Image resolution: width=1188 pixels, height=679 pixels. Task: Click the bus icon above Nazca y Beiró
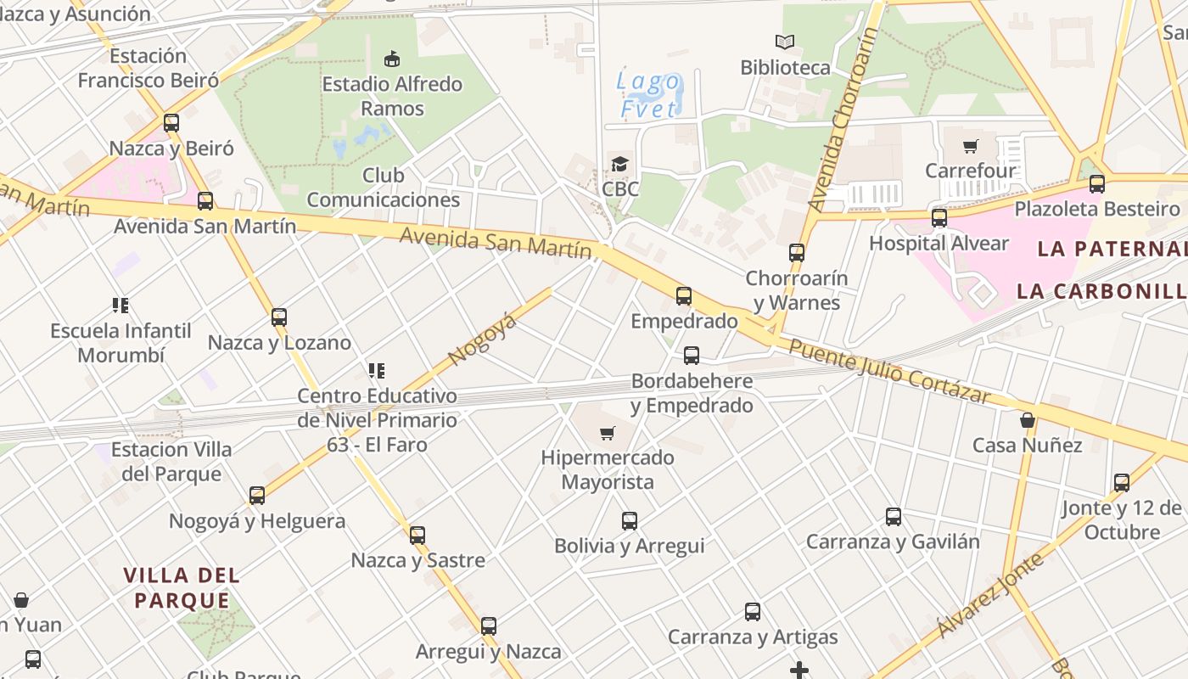point(171,123)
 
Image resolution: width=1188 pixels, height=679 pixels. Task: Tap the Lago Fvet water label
point(649,95)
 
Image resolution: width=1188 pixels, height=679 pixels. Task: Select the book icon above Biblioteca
point(785,42)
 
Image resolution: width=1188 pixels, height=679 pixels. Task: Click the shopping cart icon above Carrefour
point(971,145)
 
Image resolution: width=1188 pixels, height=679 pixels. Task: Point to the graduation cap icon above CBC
point(620,164)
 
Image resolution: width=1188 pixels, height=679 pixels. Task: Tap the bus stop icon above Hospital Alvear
point(939,218)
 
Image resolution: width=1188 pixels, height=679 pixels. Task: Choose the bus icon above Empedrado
point(684,296)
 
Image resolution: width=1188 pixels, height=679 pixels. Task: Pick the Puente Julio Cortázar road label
point(889,371)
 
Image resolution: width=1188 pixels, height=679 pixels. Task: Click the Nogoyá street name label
point(482,339)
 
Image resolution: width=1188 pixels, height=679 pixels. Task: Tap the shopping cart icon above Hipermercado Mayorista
point(608,434)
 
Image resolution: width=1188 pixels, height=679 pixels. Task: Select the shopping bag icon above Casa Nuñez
point(1027,420)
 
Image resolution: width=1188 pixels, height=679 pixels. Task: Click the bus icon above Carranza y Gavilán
point(893,516)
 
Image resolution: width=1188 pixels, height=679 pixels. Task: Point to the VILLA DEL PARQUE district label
point(182,587)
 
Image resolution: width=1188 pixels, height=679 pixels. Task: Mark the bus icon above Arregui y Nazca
point(488,626)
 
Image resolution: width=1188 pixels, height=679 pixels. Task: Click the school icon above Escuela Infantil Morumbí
point(120,305)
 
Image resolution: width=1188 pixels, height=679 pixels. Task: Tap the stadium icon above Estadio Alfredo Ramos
point(391,59)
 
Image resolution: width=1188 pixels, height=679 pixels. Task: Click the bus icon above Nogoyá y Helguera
point(256,496)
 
